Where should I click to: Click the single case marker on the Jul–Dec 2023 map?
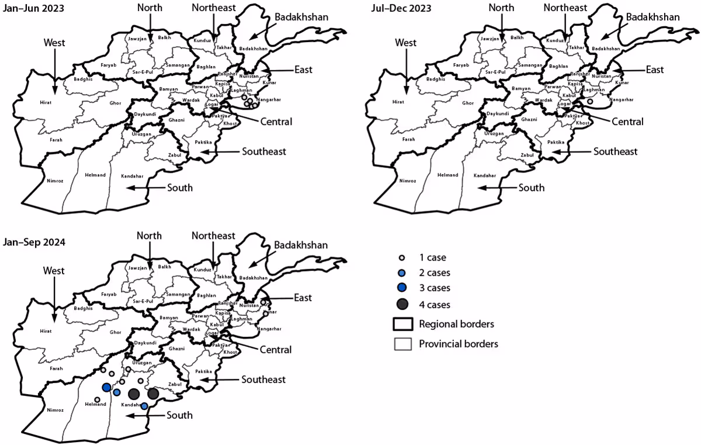pos(590,102)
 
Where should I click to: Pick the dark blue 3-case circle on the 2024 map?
pos(106,387)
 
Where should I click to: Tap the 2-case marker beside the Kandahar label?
pos(144,406)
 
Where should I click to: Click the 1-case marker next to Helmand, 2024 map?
pos(98,399)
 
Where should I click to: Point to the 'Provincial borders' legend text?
pos(458,344)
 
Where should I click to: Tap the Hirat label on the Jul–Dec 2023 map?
pos(398,102)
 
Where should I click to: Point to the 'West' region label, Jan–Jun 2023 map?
pos(54,43)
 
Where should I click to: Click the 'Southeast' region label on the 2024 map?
pos(263,380)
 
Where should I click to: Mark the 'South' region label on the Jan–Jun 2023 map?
pos(180,187)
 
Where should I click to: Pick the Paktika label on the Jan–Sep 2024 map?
pos(203,371)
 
